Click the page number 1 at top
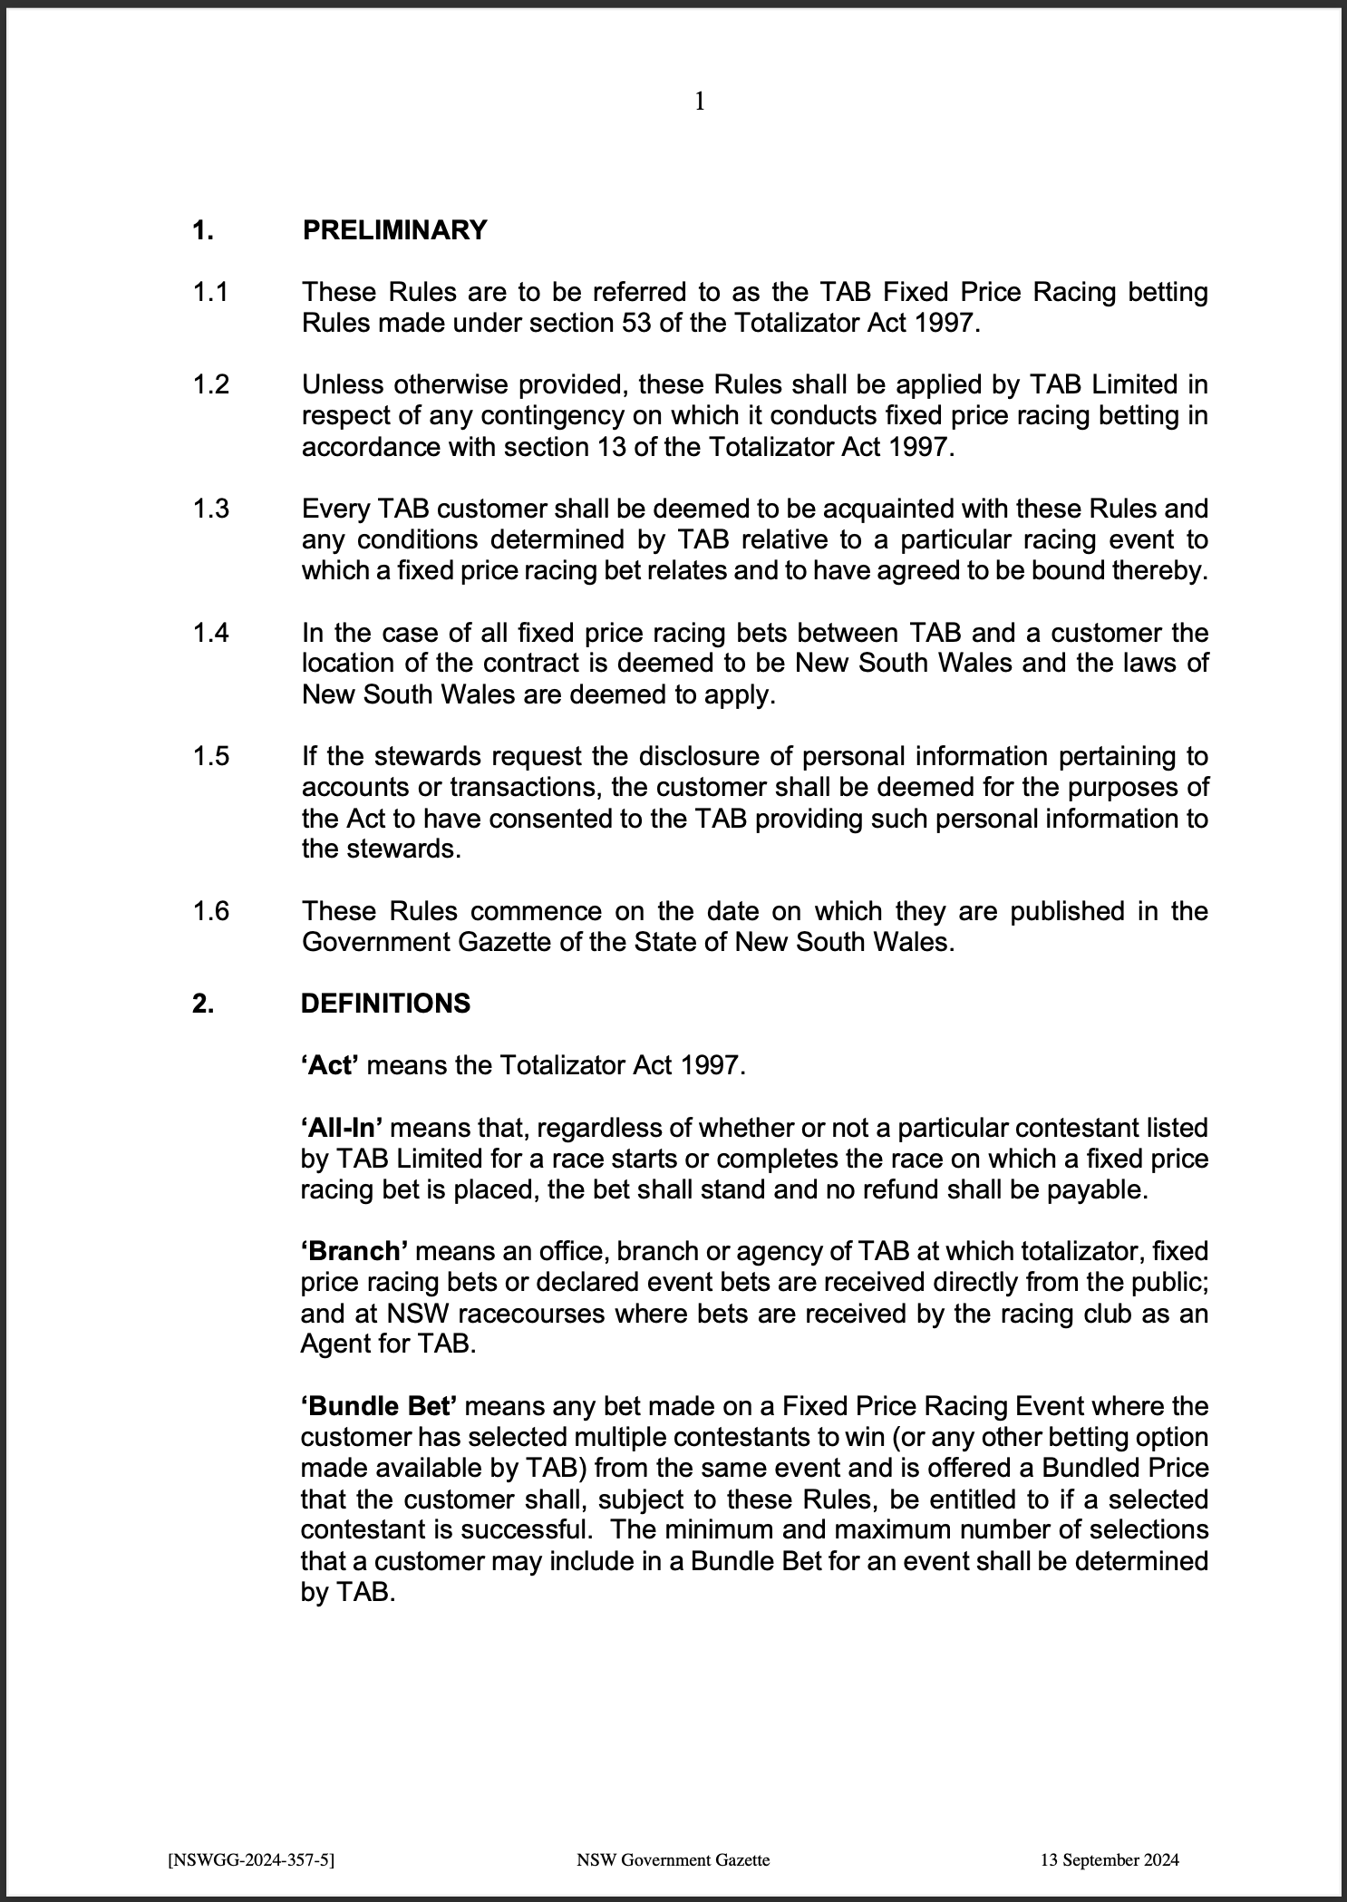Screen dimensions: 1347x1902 699,102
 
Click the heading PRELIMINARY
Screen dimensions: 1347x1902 394,230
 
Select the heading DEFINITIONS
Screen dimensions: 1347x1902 385,1004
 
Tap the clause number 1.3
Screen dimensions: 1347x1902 210,509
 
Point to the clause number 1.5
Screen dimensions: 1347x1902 210,756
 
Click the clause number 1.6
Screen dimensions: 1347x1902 210,910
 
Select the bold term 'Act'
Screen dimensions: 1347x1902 330,1065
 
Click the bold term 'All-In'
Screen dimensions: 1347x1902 342,1128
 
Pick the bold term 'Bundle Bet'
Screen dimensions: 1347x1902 378,1406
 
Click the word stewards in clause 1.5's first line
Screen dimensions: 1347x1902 418,756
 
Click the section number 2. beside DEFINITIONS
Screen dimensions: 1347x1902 203,1004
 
